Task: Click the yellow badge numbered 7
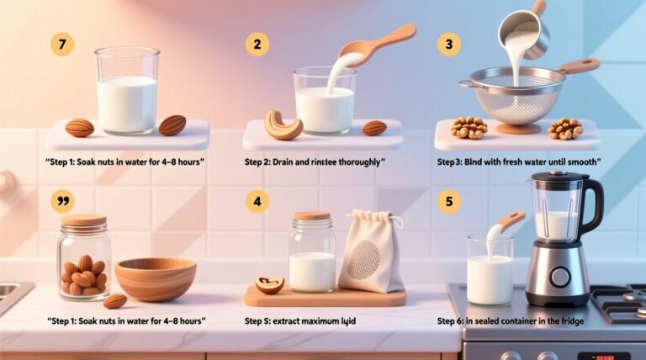tap(62, 45)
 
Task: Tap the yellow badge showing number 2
tap(257, 45)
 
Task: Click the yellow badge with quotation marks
tap(62, 201)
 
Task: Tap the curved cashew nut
tap(282, 126)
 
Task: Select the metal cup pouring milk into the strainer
tap(524, 32)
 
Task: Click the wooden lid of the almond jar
tap(84, 220)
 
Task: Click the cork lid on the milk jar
tap(312, 216)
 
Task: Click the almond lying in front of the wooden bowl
tap(115, 300)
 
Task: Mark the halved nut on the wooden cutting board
tap(270, 285)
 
